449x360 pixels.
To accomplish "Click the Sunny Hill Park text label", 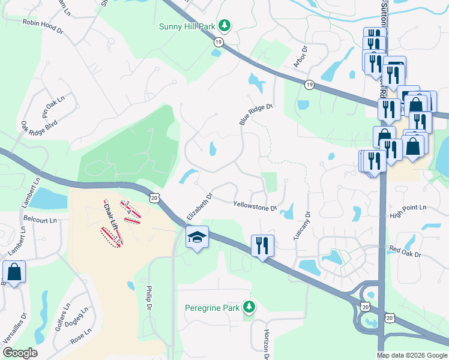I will click(x=187, y=26).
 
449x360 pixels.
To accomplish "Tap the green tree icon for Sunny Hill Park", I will click(x=224, y=25).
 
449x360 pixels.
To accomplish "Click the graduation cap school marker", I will click(x=197, y=238).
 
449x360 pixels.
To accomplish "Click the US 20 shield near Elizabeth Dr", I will click(x=154, y=197).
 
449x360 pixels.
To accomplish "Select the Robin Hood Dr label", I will click(x=43, y=24).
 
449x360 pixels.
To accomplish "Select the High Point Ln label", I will click(x=408, y=211).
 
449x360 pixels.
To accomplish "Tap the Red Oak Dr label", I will click(x=406, y=250).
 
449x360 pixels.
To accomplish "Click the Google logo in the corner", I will click(x=20, y=353).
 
